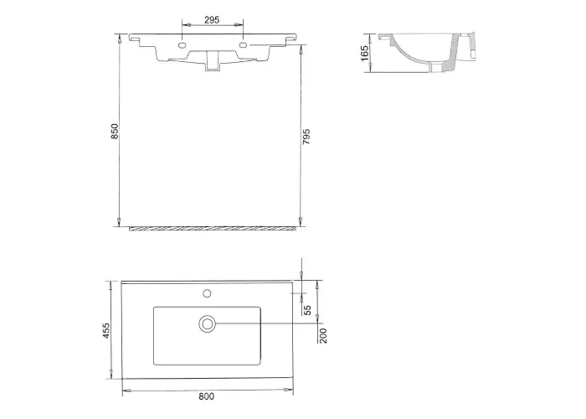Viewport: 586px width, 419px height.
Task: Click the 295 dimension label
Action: (212, 20)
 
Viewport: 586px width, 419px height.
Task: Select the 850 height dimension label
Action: (115, 132)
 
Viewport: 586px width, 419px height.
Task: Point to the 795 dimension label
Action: (306, 137)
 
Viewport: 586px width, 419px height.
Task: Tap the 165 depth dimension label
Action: (365, 53)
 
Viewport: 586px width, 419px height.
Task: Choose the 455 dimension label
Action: (106, 331)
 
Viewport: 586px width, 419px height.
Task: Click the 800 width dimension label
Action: (206, 396)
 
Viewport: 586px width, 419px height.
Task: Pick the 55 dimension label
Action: (307, 310)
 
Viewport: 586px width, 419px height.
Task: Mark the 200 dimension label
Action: (323, 335)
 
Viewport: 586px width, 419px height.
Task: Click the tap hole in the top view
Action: (207, 293)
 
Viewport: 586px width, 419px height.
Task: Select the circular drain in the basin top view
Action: (208, 323)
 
